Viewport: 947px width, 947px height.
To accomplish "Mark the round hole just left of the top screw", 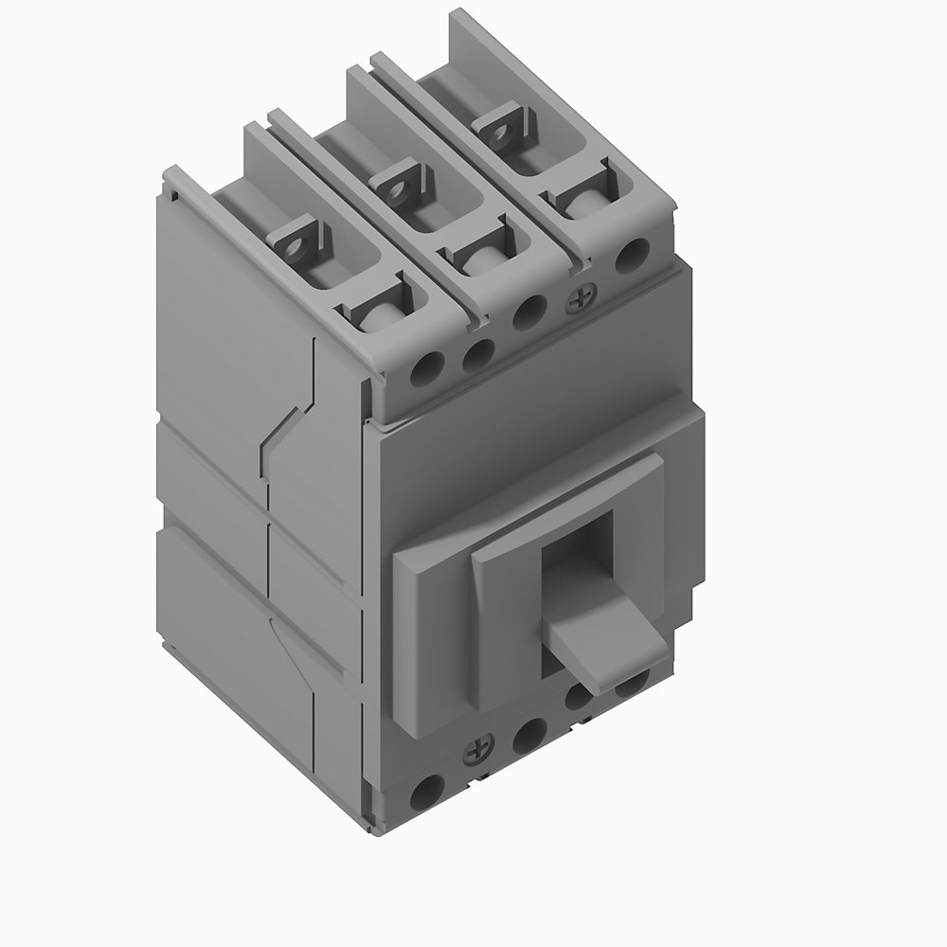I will (527, 311).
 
